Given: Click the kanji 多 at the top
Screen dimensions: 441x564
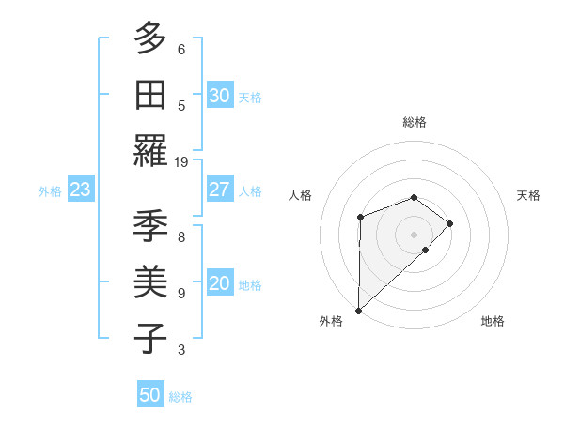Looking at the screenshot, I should tap(150, 40).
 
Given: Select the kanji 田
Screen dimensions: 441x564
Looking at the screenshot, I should tap(150, 96).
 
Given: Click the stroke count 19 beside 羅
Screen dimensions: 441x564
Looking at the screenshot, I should tap(181, 161).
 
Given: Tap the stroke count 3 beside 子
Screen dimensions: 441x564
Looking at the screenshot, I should tap(181, 350).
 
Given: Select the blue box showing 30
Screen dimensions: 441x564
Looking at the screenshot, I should tap(219, 96).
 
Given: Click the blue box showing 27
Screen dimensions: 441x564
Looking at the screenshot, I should tap(219, 190).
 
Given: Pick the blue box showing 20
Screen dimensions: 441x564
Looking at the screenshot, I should tap(219, 284).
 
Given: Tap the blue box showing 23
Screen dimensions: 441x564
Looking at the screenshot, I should tap(81, 190).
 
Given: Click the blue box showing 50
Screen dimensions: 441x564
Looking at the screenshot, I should tap(150, 395).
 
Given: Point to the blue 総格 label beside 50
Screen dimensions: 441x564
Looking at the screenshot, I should tap(180, 397).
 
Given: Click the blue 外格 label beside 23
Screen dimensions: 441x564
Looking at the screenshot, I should tap(50, 191).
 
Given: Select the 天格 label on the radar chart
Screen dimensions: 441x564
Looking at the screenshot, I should tap(529, 195).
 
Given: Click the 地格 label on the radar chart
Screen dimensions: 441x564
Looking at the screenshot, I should tap(493, 321).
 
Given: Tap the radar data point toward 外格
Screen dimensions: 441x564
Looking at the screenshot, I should tap(358, 310).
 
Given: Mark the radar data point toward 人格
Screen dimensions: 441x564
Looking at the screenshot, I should tap(360, 218).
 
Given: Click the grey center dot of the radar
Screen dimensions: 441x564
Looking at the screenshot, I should tap(414, 234).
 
